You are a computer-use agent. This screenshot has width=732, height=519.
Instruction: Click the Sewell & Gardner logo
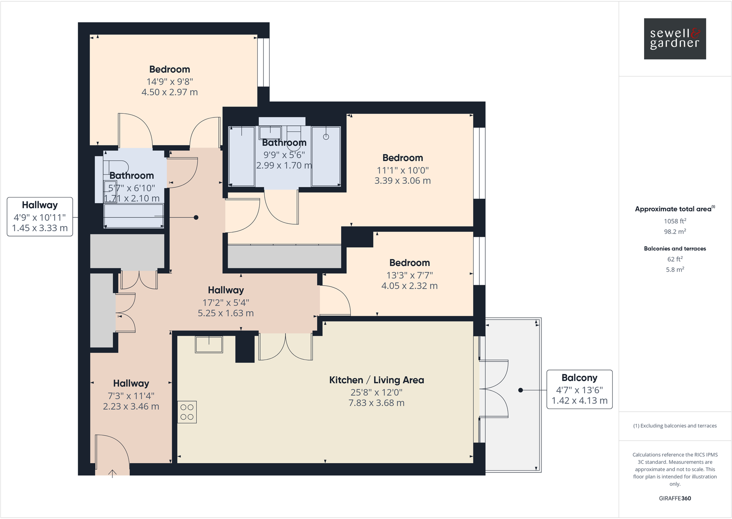click(x=674, y=39)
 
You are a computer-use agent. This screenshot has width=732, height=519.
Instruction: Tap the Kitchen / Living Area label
click(x=376, y=380)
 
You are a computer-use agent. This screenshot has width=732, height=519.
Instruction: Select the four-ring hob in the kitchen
click(x=187, y=412)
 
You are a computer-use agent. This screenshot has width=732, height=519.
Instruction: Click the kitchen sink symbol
click(x=209, y=344)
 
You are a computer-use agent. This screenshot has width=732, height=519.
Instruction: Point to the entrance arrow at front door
click(x=112, y=473)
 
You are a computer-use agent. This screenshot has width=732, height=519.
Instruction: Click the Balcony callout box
click(x=579, y=389)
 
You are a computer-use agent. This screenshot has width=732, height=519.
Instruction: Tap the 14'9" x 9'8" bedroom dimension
click(x=169, y=82)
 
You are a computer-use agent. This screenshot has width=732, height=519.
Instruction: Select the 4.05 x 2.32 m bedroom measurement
click(x=409, y=286)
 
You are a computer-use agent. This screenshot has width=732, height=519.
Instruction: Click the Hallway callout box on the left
click(x=40, y=216)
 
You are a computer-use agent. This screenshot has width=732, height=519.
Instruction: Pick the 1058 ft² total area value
click(x=674, y=221)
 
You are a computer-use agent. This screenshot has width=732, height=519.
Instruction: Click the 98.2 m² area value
click(x=674, y=232)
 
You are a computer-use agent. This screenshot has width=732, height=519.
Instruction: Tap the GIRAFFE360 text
click(x=674, y=498)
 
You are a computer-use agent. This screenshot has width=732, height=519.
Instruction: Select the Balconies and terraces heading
click(x=674, y=248)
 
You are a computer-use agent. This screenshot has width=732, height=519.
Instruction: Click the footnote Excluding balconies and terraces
click(x=674, y=426)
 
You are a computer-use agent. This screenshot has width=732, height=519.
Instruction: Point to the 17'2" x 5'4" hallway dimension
click(x=226, y=303)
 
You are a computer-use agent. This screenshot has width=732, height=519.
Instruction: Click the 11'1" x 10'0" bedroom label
click(x=402, y=170)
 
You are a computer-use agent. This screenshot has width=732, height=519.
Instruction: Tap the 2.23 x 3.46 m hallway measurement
click(x=131, y=407)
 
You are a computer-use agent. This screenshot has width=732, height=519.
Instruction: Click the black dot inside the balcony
click(x=521, y=390)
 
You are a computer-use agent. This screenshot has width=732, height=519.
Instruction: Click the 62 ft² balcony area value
click(x=674, y=259)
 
